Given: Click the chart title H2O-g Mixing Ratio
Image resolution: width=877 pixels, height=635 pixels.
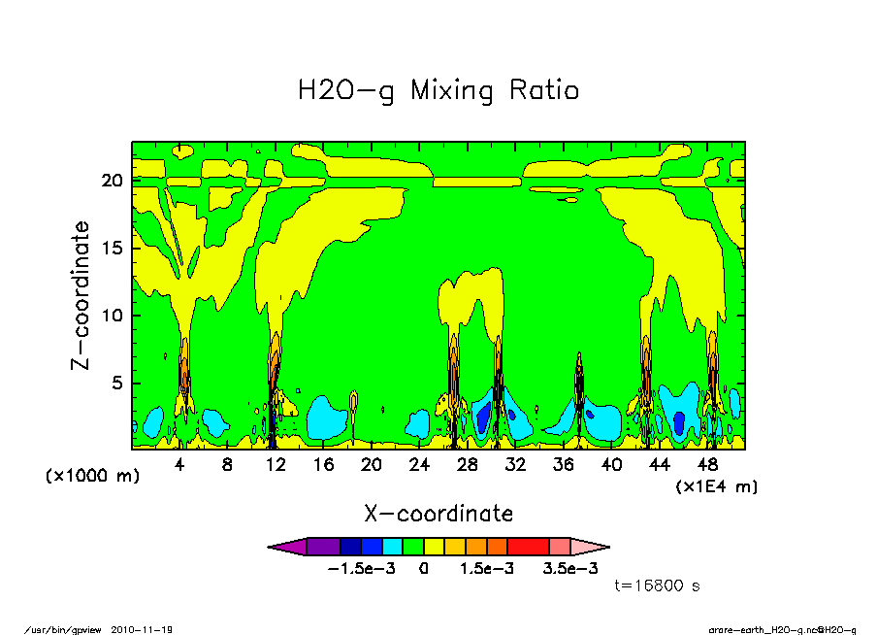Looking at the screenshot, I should (x=438, y=91).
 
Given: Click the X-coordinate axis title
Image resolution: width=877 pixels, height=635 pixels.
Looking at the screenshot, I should (x=438, y=514).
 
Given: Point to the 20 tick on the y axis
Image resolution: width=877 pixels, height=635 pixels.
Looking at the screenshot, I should (x=114, y=181).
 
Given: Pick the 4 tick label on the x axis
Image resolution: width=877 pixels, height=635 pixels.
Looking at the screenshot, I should (x=179, y=465).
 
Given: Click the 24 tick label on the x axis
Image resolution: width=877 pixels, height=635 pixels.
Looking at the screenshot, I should (x=419, y=465).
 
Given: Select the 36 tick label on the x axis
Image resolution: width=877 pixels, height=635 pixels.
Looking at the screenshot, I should (x=563, y=465).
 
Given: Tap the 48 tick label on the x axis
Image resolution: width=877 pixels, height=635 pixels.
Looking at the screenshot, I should (x=707, y=465).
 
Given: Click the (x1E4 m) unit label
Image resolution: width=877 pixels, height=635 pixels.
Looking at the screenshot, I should (x=717, y=485).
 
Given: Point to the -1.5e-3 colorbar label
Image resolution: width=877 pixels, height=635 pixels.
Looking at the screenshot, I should (x=361, y=569).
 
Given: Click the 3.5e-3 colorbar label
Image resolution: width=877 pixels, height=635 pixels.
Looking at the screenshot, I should (x=570, y=569).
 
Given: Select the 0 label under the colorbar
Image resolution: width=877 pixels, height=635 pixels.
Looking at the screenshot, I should (x=424, y=569).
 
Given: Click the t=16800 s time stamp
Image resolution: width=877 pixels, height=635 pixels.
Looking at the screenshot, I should (x=658, y=586).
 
